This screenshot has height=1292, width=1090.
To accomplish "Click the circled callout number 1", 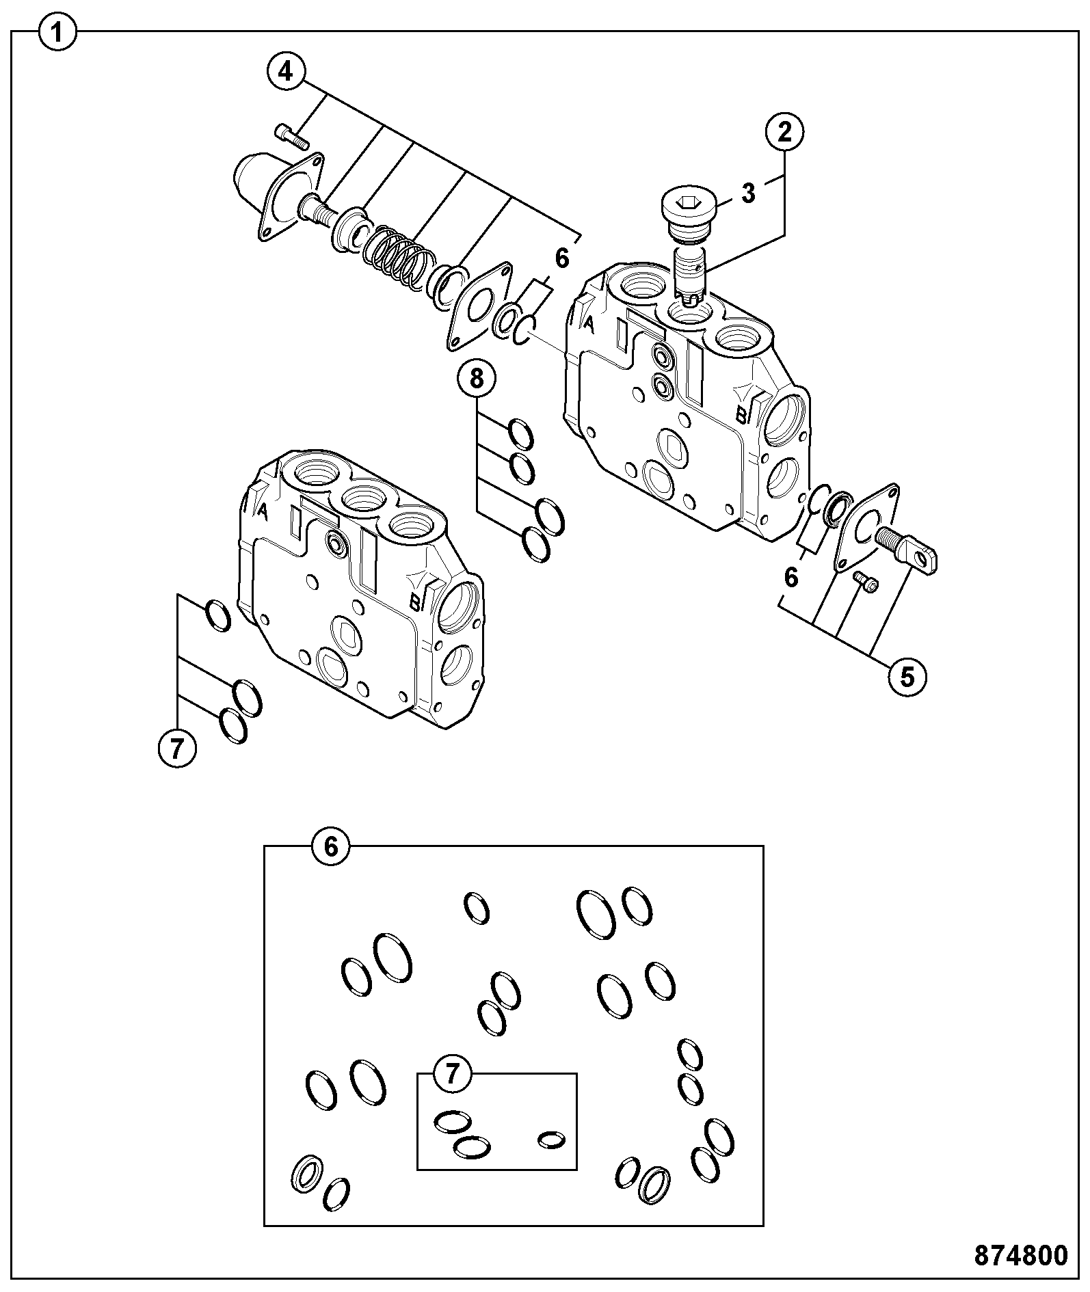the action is (x=59, y=33).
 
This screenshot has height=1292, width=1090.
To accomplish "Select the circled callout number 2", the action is (x=784, y=131).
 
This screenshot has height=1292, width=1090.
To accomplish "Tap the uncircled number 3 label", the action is (x=749, y=193).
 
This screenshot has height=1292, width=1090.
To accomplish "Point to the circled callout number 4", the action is (x=286, y=71).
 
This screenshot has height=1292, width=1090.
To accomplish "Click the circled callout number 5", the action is (x=907, y=676).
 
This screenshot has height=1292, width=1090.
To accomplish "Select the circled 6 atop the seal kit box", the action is (x=330, y=847).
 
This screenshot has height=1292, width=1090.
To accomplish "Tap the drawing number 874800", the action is (x=1020, y=1256).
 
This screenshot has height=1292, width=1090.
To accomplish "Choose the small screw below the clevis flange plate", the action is (x=866, y=582).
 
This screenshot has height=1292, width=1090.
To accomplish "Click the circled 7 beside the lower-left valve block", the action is (x=176, y=750).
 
